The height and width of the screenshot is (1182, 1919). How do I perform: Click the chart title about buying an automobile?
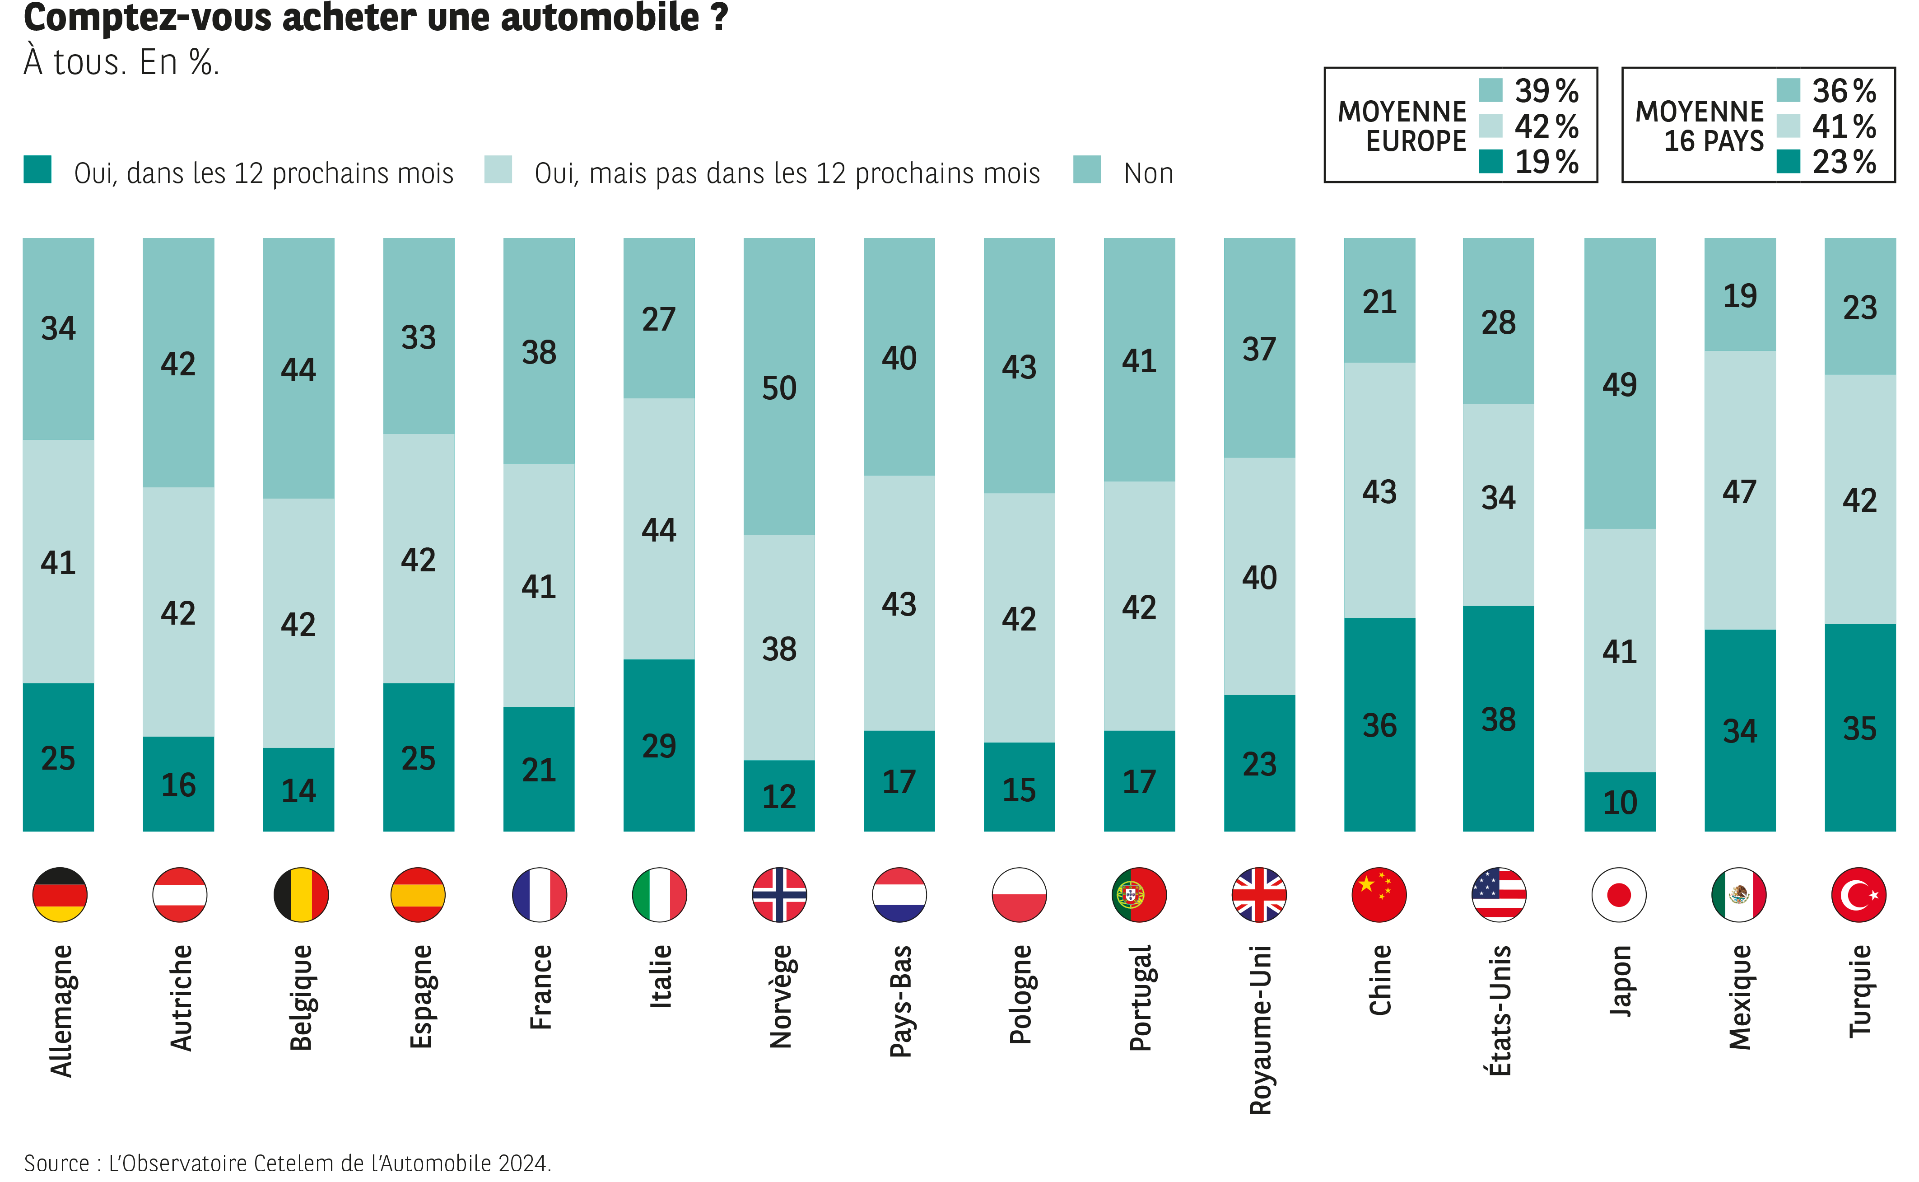coord(375,17)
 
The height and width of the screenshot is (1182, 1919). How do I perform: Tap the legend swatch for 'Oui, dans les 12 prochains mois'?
coord(37,170)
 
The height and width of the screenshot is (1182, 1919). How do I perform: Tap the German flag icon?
coord(60,894)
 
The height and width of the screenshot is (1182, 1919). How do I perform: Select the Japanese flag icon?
coord(1619,894)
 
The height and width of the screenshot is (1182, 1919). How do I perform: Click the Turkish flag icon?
coord(1859,894)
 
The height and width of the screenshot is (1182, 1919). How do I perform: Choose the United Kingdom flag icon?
coord(1259,894)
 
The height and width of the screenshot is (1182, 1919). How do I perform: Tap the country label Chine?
coord(1380,980)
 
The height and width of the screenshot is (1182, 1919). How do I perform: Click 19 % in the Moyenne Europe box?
coord(1546,162)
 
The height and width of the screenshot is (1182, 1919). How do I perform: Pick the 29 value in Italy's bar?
coord(659,746)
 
